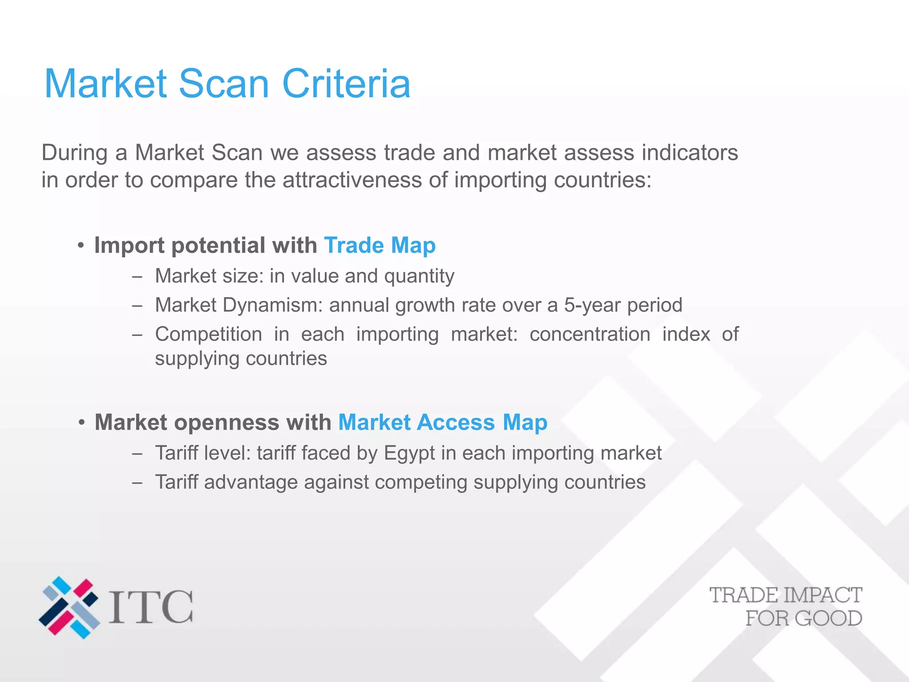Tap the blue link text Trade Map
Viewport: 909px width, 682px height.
(380, 246)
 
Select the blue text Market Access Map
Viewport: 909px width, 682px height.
(443, 422)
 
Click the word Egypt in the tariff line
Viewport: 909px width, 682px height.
(409, 453)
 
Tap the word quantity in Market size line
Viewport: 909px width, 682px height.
(419, 277)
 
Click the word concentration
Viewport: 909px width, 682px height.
(590, 334)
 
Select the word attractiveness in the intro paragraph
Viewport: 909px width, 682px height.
(352, 180)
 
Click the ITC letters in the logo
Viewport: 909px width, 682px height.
(151, 607)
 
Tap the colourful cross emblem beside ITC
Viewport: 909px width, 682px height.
(69, 607)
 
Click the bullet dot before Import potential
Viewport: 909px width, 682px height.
(80, 246)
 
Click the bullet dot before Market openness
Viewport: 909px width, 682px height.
(81, 423)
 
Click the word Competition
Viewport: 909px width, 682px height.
(208, 334)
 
